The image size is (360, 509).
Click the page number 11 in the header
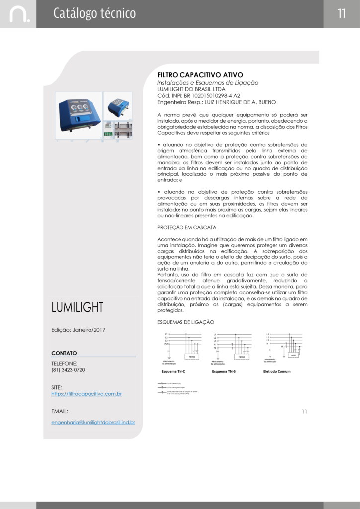click(x=341, y=13)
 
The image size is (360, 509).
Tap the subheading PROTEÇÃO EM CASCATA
click(x=186, y=227)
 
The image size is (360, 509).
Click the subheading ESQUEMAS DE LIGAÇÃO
click(x=185, y=322)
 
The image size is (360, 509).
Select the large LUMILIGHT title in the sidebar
click(x=77, y=307)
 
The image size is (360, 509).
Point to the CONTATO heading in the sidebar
click(x=64, y=353)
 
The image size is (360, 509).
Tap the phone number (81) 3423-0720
click(x=68, y=370)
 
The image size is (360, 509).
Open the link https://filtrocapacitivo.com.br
click(x=87, y=394)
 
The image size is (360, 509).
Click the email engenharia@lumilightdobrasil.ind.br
click(x=93, y=422)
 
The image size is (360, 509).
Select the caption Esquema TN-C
click(x=174, y=371)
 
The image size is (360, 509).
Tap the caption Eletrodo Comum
click(x=276, y=371)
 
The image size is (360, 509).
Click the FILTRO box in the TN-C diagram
click(x=192, y=357)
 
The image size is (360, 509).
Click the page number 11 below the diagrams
click(x=304, y=411)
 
